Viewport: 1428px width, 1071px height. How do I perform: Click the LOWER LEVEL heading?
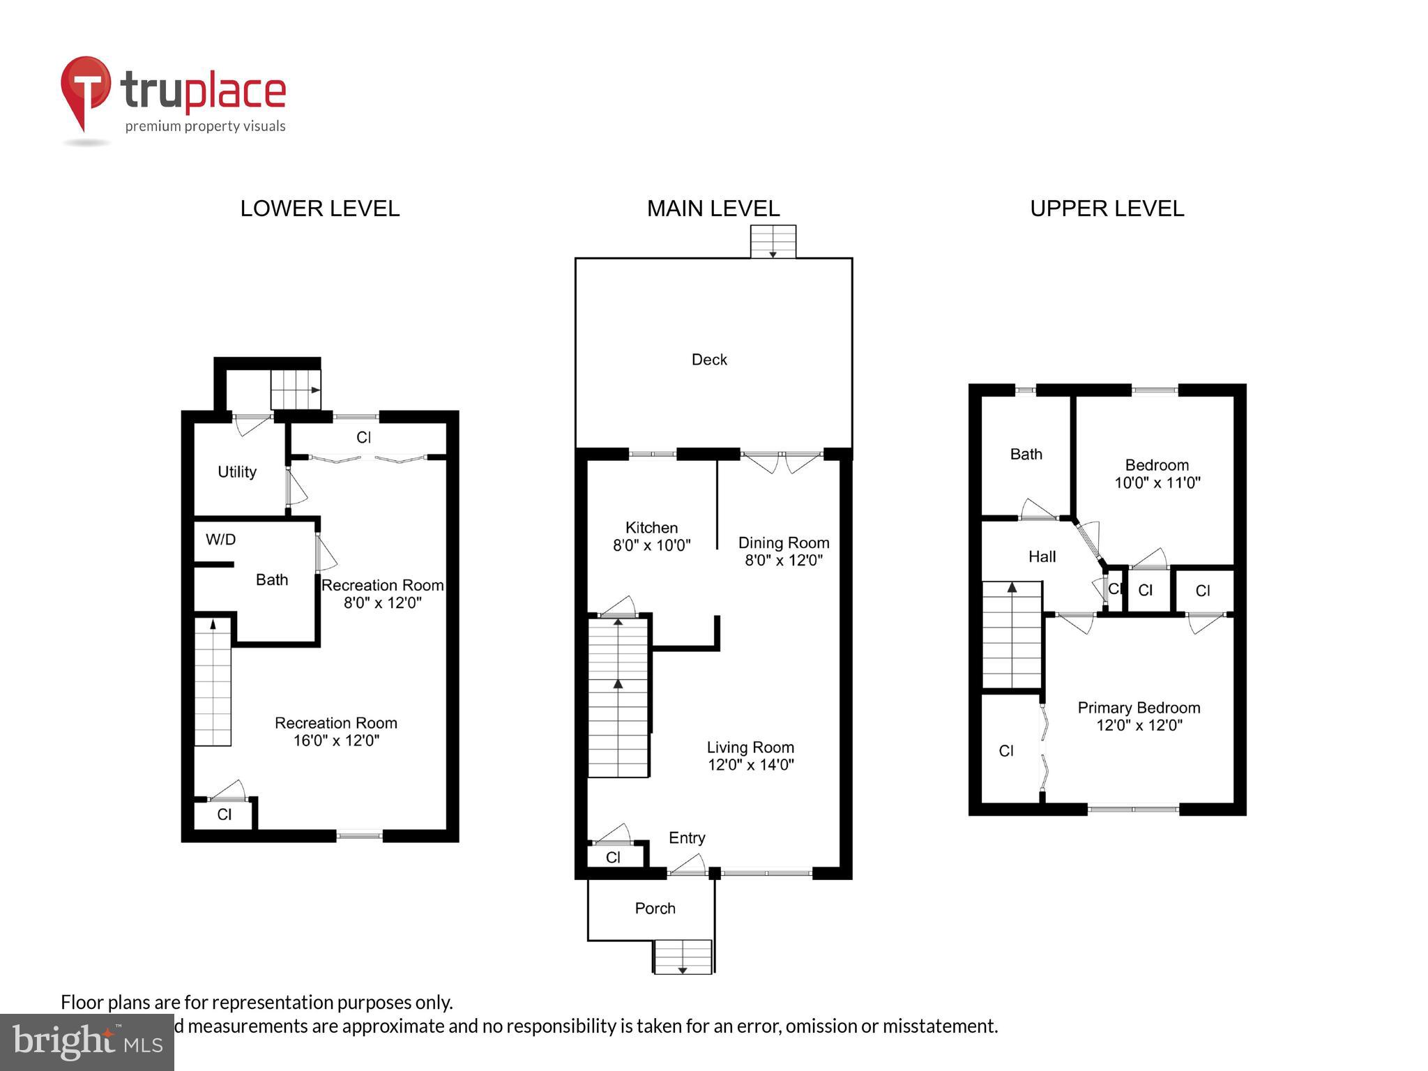(319, 208)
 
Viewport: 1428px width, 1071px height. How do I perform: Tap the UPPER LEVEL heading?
(1107, 208)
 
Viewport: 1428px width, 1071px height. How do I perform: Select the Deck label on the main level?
(709, 360)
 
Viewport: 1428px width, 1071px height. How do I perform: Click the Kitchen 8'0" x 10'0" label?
(651, 537)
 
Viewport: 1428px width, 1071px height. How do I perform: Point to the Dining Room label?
(783, 543)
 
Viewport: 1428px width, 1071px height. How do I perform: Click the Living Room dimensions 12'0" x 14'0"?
(750, 765)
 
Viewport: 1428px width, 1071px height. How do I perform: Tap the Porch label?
(655, 909)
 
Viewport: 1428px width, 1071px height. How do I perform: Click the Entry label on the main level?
(687, 838)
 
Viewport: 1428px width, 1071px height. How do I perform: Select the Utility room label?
(237, 472)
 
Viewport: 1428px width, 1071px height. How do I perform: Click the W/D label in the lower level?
(220, 540)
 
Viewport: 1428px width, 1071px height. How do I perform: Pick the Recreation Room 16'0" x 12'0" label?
(335, 731)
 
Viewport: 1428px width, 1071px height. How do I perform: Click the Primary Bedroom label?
(1139, 708)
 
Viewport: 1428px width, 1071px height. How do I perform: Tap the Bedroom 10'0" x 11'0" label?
(1157, 474)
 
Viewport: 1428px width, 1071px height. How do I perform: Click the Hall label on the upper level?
(1042, 557)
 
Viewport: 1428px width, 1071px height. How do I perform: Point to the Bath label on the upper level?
(1026, 455)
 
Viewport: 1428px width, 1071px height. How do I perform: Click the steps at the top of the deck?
(773, 242)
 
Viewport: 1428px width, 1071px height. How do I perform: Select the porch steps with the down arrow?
(683, 957)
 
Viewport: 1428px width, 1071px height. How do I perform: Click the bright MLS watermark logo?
(86, 1042)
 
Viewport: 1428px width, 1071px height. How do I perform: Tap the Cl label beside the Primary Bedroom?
(1005, 751)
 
